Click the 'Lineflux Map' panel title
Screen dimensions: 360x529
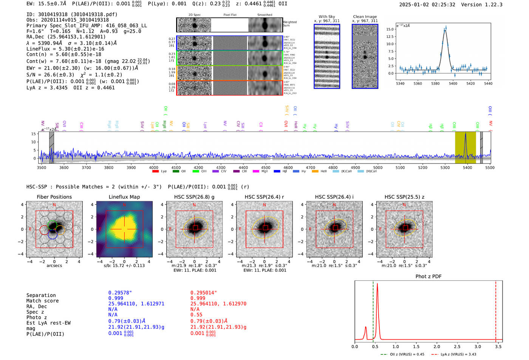pyautogui.click(x=124, y=197)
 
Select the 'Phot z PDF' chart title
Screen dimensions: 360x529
pyautogui.click(x=428, y=277)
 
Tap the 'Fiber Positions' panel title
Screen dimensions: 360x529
pyautogui.click(x=54, y=197)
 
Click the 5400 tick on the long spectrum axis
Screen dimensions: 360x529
pyautogui.click(x=467, y=167)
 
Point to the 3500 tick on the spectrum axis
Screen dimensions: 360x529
pyautogui.click(x=42, y=167)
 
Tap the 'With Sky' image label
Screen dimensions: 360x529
pyautogui.click(x=326, y=17)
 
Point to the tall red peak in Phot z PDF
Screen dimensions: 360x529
pyautogui.click(x=377, y=285)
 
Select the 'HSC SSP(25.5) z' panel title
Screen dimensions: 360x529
pyautogui.click(x=404, y=197)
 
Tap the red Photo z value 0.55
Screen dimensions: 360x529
pyautogui.click(x=196, y=315)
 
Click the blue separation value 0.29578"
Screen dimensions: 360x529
pyautogui.click(x=120, y=293)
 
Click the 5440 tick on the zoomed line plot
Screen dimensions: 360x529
pyautogui.click(x=488, y=83)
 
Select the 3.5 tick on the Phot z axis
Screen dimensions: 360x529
pyautogui.click(x=498, y=346)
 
